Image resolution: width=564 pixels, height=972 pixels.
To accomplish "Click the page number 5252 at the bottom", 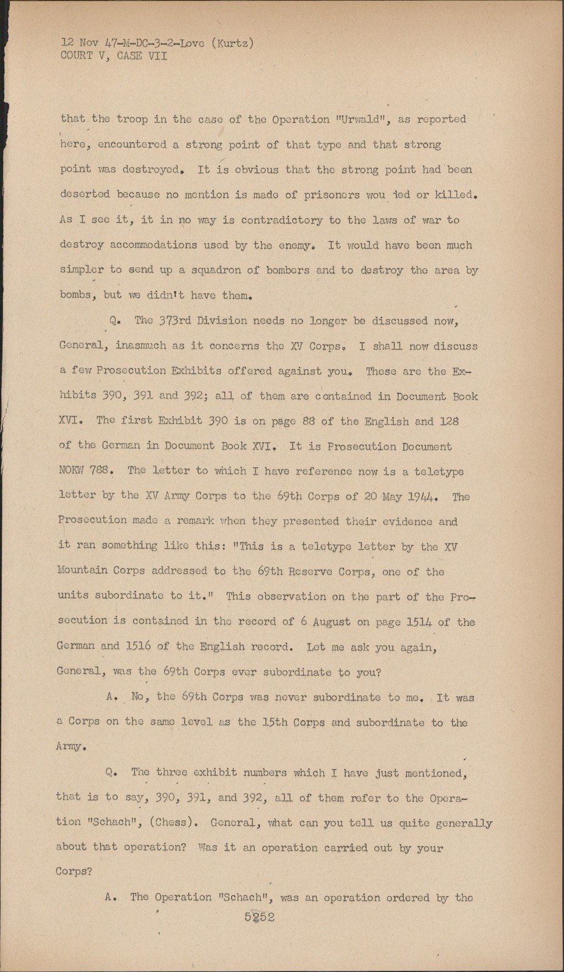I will point(260,917).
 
